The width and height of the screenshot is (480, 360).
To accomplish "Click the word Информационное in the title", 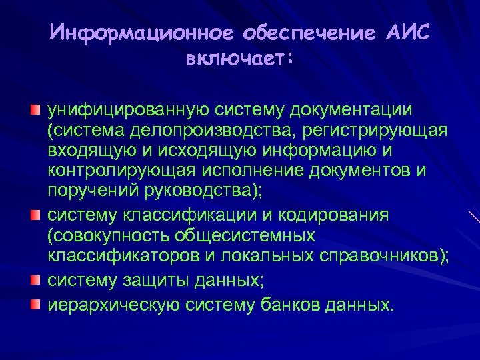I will pos(141,33).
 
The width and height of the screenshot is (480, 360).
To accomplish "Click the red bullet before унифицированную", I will pos(36,108).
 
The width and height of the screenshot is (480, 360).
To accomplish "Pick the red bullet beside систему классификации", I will pos(36,215).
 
